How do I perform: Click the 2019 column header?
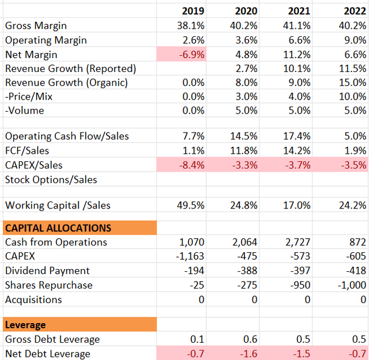click(x=193, y=11)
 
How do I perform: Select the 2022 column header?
click(x=354, y=11)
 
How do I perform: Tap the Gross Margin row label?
click(x=36, y=26)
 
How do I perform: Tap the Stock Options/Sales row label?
click(x=51, y=180)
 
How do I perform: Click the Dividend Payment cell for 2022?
click(x=356, y=271)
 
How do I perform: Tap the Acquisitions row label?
click(x=33, y=300)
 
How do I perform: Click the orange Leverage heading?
click(x=25, y=325)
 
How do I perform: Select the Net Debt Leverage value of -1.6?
click(x=250, y=354)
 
